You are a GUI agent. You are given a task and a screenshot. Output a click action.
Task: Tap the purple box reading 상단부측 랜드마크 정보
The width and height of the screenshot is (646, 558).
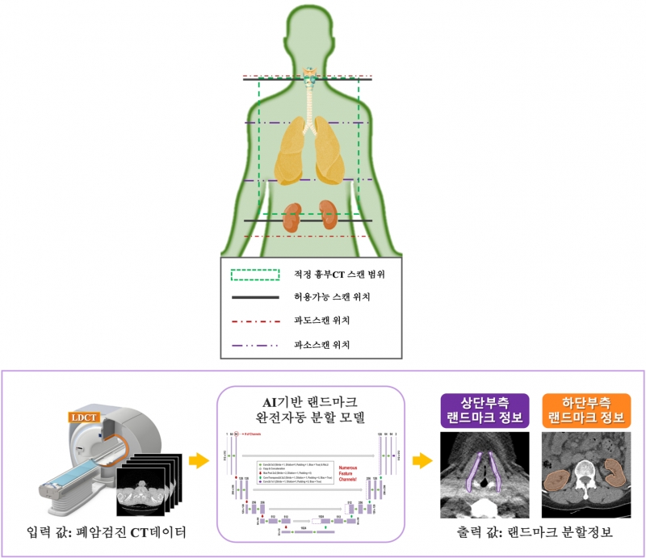pos(484,409)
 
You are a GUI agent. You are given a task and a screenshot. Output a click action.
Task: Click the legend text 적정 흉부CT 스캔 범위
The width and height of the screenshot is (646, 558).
pos(338,275)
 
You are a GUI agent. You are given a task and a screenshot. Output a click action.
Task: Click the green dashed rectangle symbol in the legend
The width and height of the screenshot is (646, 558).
pos(256,275)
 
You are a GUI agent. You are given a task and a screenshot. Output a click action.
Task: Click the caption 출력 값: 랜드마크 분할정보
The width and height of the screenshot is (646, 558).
pos(536,534)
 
